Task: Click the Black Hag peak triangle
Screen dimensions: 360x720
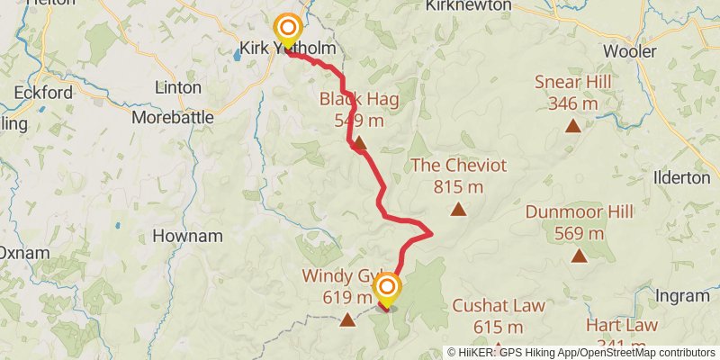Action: pyautogui.click(x=359, y=142)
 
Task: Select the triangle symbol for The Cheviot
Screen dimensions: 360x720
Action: pyautogui.click(x=459, y=210)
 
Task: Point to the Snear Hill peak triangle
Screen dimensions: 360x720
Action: pyautogui.click(x=572, y=125)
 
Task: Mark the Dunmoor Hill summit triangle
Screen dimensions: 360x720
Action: pyautogui.click(x=579, y=256)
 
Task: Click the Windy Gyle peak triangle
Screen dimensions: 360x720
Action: pyautogui.click(x=348, y=319)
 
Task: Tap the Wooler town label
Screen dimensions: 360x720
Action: pyautogui.click(x=629, y=51)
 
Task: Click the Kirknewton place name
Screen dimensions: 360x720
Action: pyautogui.click(x=465, y=6)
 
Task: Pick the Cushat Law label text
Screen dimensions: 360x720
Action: pyautogui.click(x=499, y=306)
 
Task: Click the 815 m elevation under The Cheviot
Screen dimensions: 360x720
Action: pyautogui.click(x=459, y=186)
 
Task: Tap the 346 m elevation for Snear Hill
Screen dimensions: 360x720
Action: pyautogui.click(x=572, y=103)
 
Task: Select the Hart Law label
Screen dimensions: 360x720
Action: pyautogui.click(x=622, y=325)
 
